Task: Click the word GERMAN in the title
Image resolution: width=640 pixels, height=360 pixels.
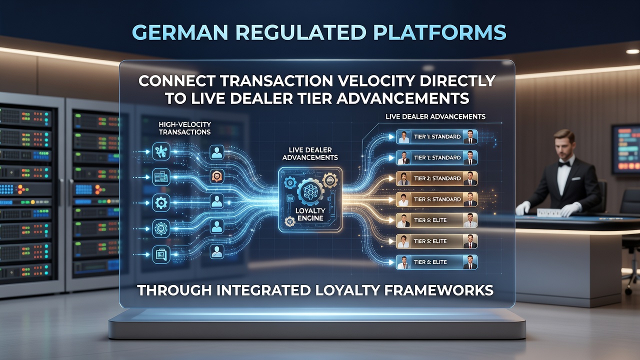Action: click(180, 32)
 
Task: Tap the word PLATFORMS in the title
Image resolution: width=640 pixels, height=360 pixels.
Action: click(440, 32)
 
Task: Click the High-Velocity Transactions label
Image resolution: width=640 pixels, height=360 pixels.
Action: click(185, 128)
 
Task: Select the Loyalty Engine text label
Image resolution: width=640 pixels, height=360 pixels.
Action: click(310, 214)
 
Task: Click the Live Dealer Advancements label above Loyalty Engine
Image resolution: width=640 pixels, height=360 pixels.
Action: click(310, 153)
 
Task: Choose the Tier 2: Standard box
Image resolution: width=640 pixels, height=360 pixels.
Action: click(437, 178)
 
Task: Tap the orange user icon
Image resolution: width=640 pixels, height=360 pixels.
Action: click(217, 176)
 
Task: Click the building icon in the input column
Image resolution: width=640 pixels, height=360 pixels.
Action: click(161, 177)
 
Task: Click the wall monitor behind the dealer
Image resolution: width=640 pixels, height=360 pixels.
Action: click(625, 149)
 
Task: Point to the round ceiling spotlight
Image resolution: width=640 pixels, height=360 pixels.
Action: click(632, 51)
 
